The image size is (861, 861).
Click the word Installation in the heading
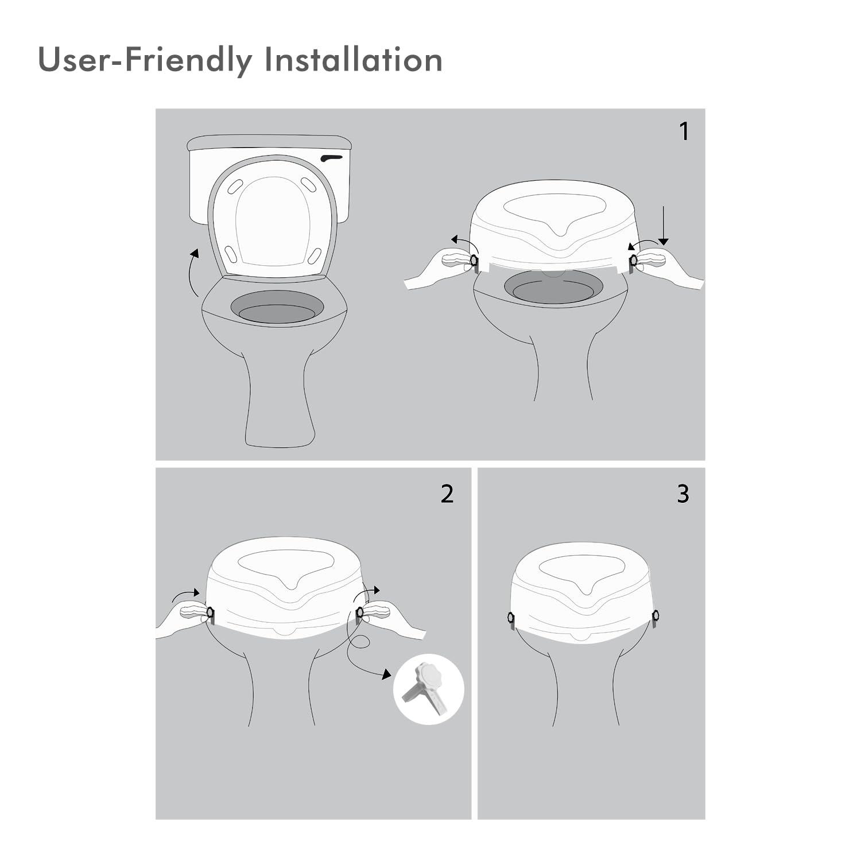point(354,59)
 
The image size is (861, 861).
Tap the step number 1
point(684,131)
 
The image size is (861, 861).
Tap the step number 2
point(447,494)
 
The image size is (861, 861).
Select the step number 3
point(682,494)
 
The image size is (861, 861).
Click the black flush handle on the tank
point(332,158)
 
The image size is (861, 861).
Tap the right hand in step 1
point(669,269)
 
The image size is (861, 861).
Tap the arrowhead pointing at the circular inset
point(385,674)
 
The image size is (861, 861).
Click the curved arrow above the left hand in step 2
point(186,595)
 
